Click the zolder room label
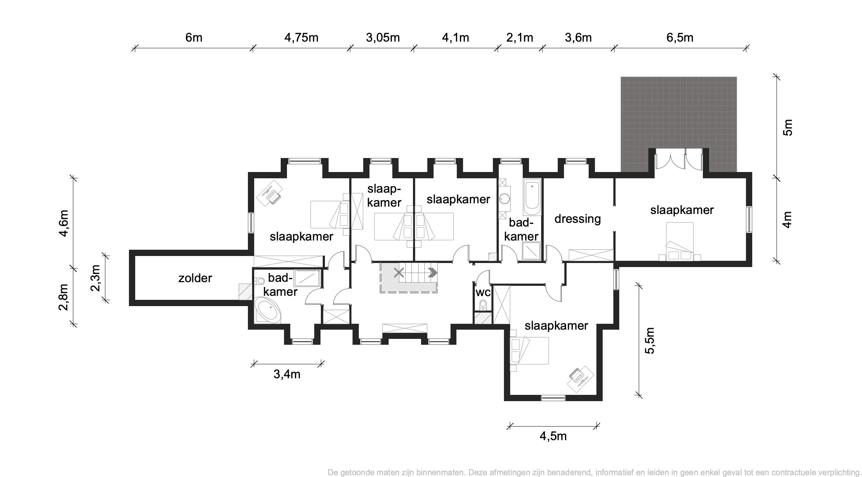point(195,278)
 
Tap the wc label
point(483,293)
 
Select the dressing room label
point(578,219)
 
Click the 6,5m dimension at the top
point(680,38)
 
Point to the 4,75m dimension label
point(301,38)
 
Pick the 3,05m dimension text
point(383,38)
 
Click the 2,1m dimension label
point(520,38)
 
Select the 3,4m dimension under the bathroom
point(287,374)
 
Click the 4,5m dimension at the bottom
point(553,436)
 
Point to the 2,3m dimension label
point(95,278)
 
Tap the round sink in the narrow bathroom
point(504,199)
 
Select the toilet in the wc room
point(483,305)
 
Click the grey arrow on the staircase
point(432,273)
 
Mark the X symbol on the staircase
point(399,273)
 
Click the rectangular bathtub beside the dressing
point(532,198)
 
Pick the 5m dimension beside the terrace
point(787,127)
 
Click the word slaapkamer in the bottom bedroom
point(556,326)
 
